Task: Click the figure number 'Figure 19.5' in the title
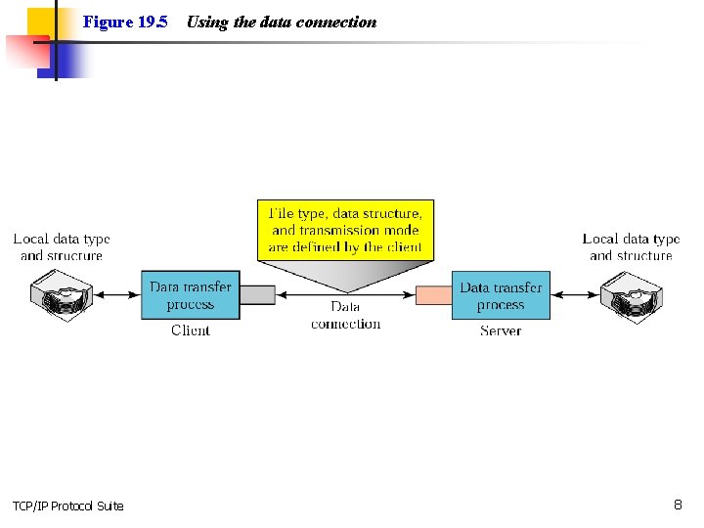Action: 125,22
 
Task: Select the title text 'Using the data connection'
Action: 281,22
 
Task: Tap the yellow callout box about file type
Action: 345,230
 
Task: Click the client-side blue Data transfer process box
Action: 191,295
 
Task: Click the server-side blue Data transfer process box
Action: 501,295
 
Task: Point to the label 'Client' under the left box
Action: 191,330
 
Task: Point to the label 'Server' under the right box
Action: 501,330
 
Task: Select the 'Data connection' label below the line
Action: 345,315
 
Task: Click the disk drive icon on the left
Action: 61,294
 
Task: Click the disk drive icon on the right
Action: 631,294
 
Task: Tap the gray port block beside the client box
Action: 257,294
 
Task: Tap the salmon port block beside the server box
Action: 433,294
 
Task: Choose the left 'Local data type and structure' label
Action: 62,246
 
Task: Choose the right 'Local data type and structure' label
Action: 631,246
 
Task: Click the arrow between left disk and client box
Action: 117,294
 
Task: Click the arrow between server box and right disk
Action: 574,294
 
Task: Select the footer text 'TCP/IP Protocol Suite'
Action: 68,506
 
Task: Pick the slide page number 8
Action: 678,505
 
